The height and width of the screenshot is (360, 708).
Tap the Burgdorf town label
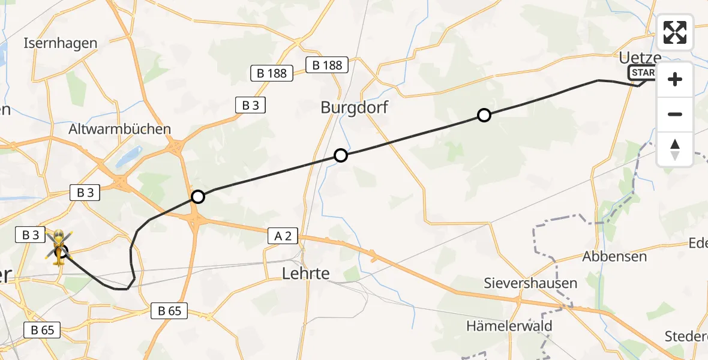(354, 108)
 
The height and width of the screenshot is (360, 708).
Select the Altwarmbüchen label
(120, 129)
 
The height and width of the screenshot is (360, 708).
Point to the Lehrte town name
(306, 274)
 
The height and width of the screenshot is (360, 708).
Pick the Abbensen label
(614, 256)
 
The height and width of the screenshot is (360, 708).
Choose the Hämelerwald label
(509, 326)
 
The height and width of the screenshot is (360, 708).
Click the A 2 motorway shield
(283, 237)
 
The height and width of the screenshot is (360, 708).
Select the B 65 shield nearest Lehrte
(170, 311)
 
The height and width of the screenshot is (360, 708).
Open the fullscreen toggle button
(675, 32)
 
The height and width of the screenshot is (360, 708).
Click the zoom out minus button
(675, 114)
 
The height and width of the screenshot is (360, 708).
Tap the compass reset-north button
(675, 149)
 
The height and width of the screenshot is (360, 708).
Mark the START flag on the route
(642, 73)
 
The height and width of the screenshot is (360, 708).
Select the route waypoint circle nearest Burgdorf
(341, 156)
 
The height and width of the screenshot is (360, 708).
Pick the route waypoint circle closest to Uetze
(484, 115)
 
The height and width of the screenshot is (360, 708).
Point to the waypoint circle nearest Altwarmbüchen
(197, 196)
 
